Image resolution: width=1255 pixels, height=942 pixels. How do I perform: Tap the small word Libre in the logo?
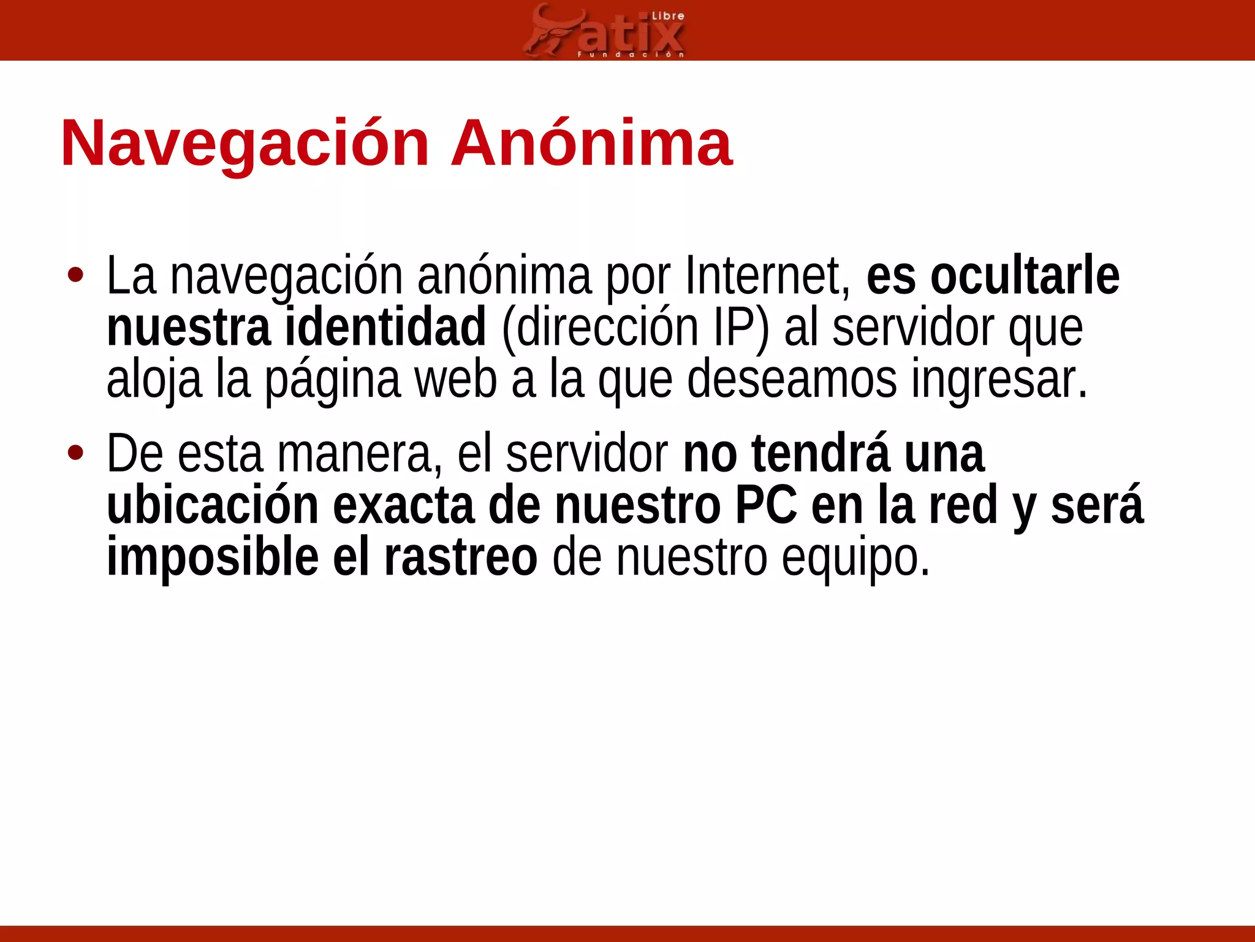[x=667, y=16]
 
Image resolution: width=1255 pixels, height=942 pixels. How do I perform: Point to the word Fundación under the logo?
[x=631, y=55]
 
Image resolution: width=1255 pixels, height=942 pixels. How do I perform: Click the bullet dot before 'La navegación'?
[x=75, y=275]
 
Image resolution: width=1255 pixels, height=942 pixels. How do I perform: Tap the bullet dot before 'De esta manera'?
[x=75, y=453]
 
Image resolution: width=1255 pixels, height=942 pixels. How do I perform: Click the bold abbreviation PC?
[x=766, y=505]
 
